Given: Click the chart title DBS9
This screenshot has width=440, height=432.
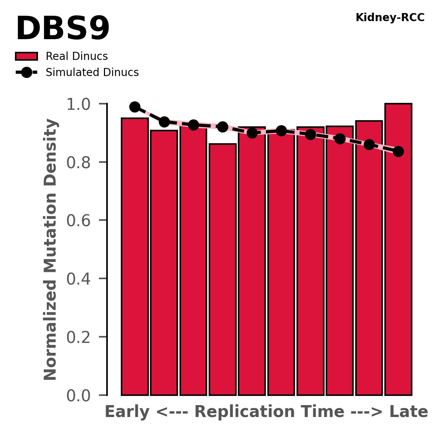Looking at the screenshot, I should point(63,30).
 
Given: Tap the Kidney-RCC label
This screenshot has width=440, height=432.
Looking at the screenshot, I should point(390,18).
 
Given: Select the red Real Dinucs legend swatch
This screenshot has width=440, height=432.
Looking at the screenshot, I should point(26,56).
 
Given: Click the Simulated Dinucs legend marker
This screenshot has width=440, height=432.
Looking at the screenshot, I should point(26,72).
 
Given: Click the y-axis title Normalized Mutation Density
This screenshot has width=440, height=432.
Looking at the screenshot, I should point(51,250).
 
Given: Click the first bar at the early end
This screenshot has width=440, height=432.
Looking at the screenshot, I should point(135,257).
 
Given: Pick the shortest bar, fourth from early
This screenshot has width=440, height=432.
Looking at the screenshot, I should point(222,269).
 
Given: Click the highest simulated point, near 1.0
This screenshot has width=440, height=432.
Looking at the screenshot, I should point(135,107).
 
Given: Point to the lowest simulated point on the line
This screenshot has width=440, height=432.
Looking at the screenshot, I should point(398,151).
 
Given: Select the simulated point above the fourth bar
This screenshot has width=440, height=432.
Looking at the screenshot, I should point(222,127).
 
